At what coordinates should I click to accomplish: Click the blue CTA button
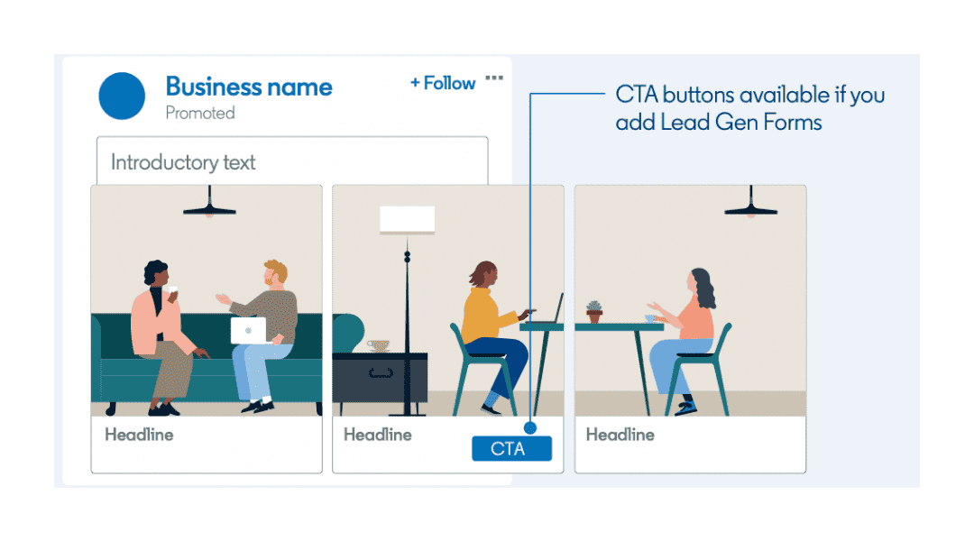tap(510, 448)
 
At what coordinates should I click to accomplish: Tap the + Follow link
tap(442, 83)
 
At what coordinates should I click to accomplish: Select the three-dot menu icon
tap(494, 78)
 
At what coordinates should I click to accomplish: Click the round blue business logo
tap(122, 96)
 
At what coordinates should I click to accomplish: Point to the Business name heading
tap(249, 87)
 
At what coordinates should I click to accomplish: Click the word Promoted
tap(200, 114)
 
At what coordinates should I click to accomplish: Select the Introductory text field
tap(292, 162)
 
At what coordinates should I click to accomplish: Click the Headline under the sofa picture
tap(139, 435)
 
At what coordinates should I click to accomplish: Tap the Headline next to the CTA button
tap(378, 435)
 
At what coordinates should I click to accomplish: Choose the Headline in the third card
tap(620, 435)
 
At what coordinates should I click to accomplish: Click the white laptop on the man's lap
tap(248, 330)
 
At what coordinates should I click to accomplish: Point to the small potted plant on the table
tap(593, 312)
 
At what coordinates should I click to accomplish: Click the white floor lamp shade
tap(407, 219)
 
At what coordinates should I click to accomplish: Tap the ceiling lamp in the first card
tap(209, 206)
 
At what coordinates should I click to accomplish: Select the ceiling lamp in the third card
tap(751, 206)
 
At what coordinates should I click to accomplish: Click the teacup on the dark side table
tap(378, 346)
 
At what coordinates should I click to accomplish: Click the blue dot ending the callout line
tap(529, 428)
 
